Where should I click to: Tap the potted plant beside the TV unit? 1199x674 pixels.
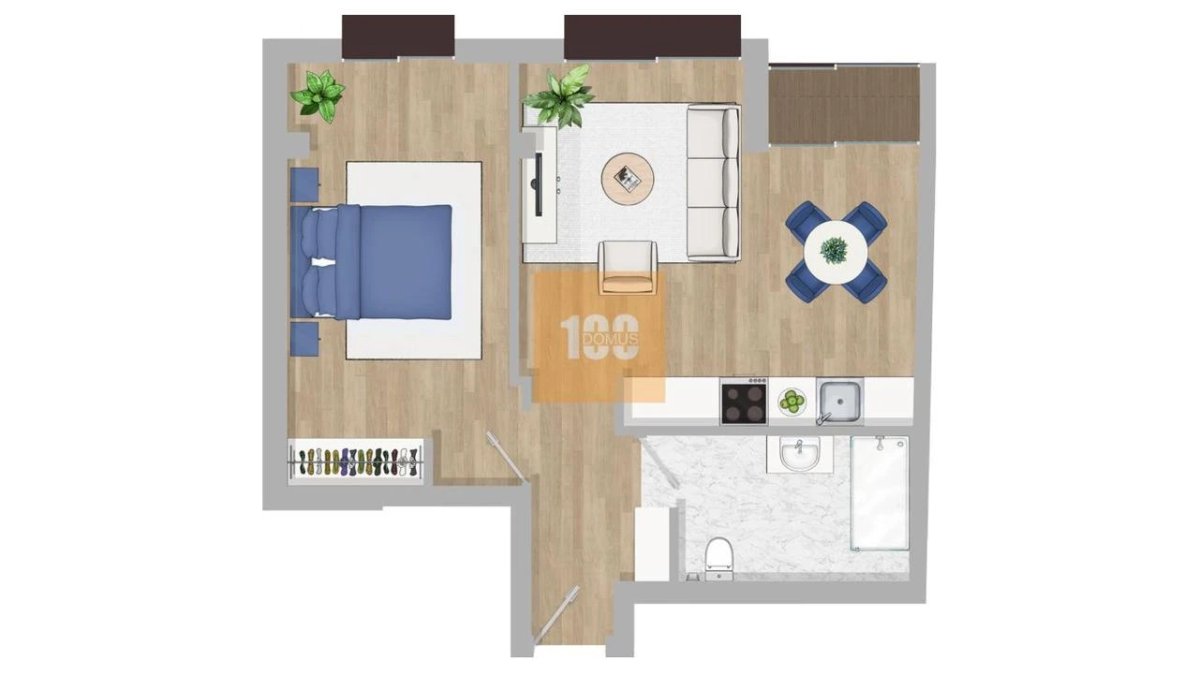[x=561, y=95]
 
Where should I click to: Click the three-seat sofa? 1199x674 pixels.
[x=713, y=183]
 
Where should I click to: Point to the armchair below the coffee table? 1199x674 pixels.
[x=628, y=266]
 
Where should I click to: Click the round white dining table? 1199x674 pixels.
[x=835, y=251]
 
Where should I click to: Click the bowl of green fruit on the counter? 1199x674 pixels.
[x=792, y=403]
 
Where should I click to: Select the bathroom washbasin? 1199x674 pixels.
[x=799, y=456]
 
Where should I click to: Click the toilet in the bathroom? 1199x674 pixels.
[x=718, y=556]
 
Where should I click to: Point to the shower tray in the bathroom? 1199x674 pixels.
[x=880, y=492]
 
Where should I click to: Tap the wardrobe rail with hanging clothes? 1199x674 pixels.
[x=355, y=461]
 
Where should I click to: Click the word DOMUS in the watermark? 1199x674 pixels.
[x=610, y=338]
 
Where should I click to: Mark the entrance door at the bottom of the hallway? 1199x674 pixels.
[x=557, y=615]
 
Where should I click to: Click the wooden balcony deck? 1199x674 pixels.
[x=843, y=104]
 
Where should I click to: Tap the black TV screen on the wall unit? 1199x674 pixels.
[x=538, y=183]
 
